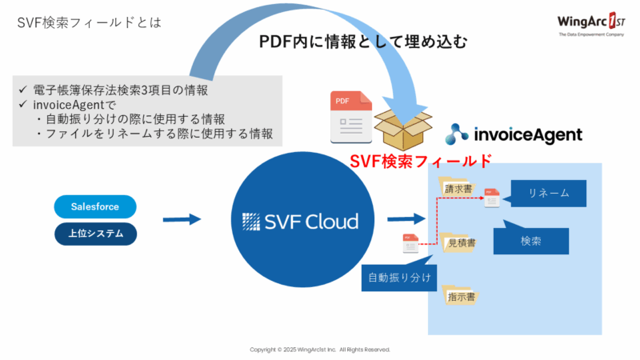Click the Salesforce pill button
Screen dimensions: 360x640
(x=95, y=206)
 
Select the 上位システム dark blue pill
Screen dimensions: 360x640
(x=95, y=234)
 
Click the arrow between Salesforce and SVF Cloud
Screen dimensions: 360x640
(x=182, y=218)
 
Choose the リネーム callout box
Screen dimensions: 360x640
(x=547, y=193)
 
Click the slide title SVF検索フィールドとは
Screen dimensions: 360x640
(x=89, y=22)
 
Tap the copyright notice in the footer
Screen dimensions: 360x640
(x=320, y=350)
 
